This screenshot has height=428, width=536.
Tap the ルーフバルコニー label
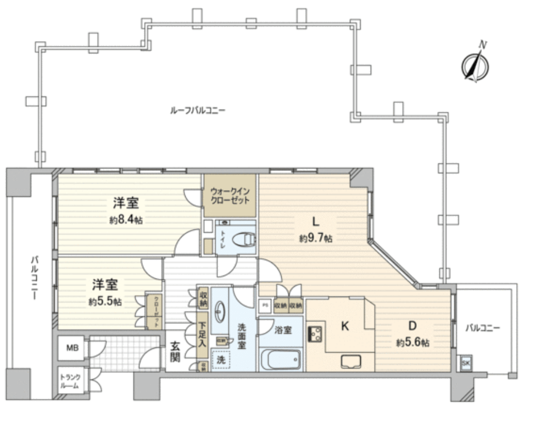click(x=198, y=110)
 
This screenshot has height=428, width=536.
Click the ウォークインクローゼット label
click(x=230, y=195)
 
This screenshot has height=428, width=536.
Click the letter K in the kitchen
click(x=345, y=326)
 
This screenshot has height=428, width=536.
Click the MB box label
click(x=72, y=348)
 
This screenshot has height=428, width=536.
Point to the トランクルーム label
click(x=72, y=381)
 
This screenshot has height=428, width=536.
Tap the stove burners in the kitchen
click(x=316, y=333)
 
